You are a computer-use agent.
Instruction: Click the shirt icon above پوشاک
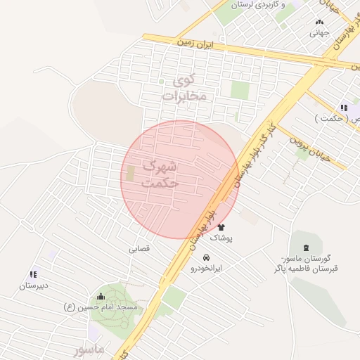(221, 227)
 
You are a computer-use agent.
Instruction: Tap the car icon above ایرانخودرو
(206, 257)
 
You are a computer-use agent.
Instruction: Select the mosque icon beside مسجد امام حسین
(101, 297)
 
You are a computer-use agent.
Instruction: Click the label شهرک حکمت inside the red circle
(160, 174)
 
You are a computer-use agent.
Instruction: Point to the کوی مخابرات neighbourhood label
(184, 89)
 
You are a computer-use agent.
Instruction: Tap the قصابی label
(139, 249)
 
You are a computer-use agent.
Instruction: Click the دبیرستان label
(33, 286)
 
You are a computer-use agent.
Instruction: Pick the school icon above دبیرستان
(33, 274)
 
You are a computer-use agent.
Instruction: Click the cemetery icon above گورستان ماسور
(305, 247)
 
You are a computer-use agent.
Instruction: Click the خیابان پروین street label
(305, 140)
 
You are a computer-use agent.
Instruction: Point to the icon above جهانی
(319, 22)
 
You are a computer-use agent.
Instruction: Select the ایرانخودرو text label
(205, 269)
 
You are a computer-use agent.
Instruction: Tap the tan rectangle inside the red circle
(130, 173)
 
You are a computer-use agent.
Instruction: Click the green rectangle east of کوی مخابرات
(240, 91)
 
